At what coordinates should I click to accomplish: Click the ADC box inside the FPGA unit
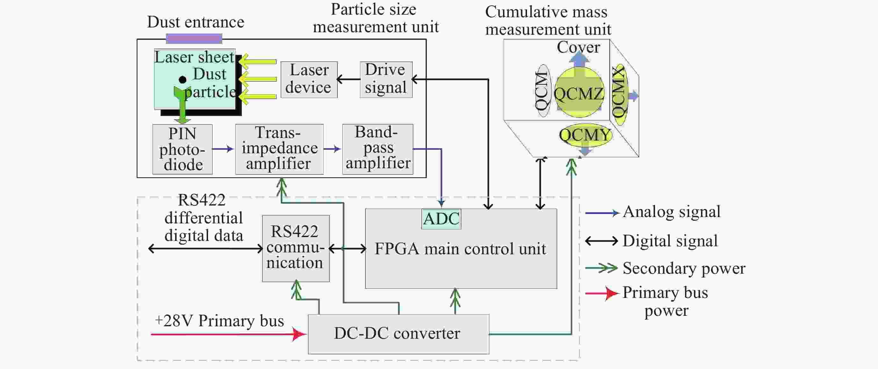[x=441, y=219]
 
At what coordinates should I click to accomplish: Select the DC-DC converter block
[x=398, y=334]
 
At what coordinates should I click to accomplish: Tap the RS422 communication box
[x=296, y=248]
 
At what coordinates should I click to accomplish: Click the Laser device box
[x=309, y=79]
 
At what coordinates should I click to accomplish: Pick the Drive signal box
[x=386, y=79]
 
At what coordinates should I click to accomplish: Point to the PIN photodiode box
[x=182, y=149]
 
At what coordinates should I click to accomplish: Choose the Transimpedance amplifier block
[x=279, y=149]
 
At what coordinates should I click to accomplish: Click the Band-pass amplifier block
[x=378, y=149]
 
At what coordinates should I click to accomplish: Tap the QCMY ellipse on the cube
[x=585, y=135]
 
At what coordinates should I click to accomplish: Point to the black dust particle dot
[x=183, y=80]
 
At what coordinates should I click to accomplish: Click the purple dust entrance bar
[x=194, y=39]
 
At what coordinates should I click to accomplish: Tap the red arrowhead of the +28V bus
[x=299, y=334]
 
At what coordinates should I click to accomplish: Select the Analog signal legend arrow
[x=602, y=213]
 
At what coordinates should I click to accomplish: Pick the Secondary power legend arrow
[x=602, y=268]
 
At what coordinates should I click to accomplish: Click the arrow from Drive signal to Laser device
[x=348, y=79]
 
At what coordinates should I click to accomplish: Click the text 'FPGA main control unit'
[x=460, y=249]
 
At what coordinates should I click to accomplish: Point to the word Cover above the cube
[x=579, y=47]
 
